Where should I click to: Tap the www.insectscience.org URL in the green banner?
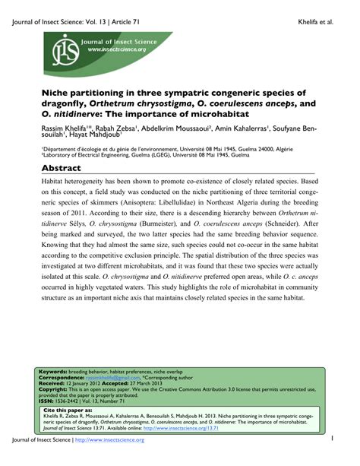pos(118,49)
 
